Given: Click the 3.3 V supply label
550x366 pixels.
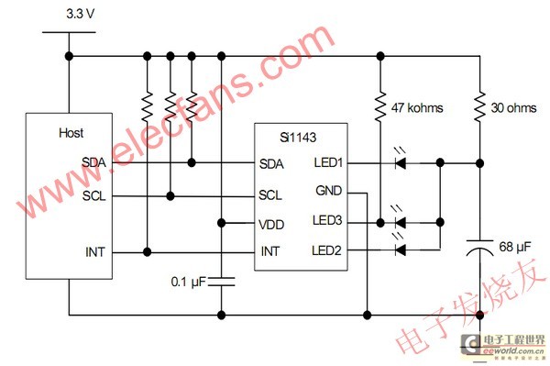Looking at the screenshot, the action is pos(81,14).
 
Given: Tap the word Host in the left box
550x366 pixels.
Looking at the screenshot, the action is pos(71,133).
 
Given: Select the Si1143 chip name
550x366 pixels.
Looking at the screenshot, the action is pos(298,138).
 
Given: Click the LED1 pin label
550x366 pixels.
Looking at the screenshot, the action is pos(328,162).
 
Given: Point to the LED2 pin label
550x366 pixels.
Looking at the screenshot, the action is pos(326,250).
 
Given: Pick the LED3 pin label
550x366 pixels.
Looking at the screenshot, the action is pos(327,220).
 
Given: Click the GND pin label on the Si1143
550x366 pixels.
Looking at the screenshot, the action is pos(329,191).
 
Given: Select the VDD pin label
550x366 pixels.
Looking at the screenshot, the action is pos(271,225).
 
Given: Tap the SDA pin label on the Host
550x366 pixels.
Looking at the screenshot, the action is pos(93,162).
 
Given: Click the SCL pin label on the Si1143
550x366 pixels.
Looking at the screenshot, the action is pos(270,194).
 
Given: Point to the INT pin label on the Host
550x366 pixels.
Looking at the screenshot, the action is pos(95,252).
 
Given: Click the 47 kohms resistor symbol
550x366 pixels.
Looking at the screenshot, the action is pos(380,107).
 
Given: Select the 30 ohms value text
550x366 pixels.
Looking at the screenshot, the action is pos(513,107).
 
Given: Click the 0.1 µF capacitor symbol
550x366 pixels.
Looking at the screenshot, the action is pos(221,282).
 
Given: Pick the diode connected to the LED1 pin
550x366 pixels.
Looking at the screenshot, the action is pos(401,163).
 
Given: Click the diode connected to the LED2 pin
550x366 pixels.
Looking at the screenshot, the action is pos(401,250).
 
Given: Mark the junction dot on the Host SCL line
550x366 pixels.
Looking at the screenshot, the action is pos(170,195).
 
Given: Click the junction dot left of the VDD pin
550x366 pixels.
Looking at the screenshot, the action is pos(221,223).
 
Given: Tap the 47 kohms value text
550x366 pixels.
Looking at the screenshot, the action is pos(417,107).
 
